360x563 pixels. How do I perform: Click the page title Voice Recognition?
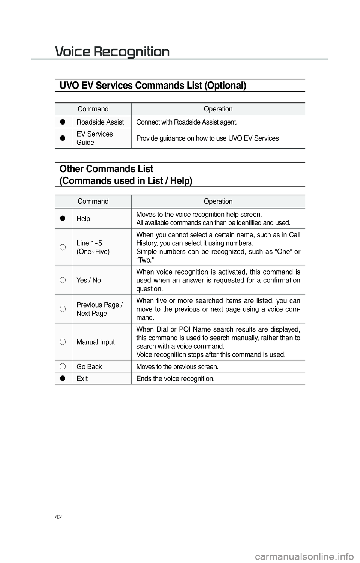point(112,51)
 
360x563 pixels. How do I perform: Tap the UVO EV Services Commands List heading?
point(153,86)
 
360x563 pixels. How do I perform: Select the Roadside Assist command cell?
point(100,122)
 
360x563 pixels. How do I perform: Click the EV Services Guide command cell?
point(94,138)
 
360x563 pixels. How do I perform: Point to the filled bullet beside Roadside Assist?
point(63,122)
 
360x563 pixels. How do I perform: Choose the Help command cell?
point(83,218)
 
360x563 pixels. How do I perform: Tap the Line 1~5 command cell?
point(93,247)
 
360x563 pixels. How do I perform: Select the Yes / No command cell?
point(88,280)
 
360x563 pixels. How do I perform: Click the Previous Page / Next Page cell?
point(99,309)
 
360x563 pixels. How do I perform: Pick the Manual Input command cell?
point(96,342)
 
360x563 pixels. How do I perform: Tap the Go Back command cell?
point(89,366)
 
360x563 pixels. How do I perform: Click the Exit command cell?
point(82,378)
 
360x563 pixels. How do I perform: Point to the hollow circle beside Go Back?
point(63,366)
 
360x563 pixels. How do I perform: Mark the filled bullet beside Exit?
point(63,378)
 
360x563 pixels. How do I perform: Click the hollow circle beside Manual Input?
point(63,342)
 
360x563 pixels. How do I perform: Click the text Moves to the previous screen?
point(177,366)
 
